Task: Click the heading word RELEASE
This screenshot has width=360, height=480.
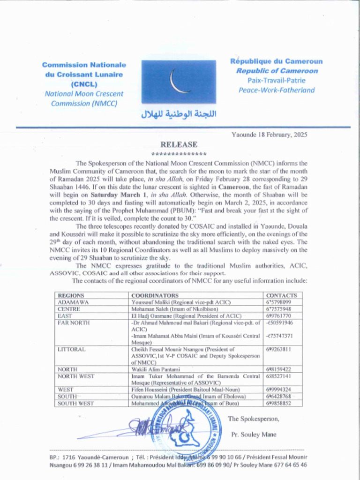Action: point(179,144)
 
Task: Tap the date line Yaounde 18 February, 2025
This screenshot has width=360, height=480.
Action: point(269,135)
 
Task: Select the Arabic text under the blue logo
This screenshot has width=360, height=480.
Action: point(179,114)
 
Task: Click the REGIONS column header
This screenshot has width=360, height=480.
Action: point(71,296)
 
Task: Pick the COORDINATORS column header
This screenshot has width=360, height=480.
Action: point(155,296)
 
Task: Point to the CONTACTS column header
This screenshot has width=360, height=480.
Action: point(281,296)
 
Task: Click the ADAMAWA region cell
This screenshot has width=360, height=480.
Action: point(73,302)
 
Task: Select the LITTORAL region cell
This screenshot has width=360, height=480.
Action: point(71,349)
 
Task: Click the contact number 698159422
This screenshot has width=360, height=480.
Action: point(278,369)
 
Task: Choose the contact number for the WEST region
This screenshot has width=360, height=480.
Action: point(278,390)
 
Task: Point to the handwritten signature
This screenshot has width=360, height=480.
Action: point(141,428)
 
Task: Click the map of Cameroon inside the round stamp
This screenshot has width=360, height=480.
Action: point(185,429)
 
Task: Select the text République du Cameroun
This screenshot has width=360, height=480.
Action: point(276,61)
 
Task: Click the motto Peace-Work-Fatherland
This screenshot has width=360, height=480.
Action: point(277,90)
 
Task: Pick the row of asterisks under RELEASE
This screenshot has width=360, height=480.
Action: point(179,154)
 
